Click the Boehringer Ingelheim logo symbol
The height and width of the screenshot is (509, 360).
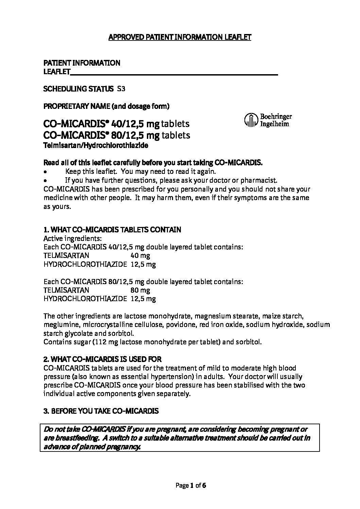250,120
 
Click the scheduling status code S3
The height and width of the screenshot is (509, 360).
121,89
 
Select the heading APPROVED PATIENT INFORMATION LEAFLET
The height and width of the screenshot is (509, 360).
179,37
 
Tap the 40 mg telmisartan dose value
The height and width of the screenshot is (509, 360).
140,256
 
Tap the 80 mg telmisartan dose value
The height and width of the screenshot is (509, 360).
140,290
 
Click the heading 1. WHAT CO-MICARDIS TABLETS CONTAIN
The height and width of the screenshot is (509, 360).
112,230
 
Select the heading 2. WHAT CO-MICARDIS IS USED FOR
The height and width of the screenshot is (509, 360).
102,359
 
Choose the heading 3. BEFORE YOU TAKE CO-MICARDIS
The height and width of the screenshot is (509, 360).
101,411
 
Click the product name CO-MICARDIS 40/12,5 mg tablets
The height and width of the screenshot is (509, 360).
117,124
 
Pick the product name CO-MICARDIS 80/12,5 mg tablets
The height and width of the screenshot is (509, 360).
117,135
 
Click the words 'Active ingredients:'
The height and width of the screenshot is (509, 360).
73,238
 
